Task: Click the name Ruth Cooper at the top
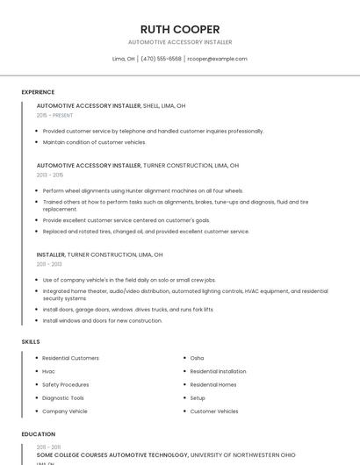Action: pos(180,29)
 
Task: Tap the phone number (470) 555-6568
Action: pos(161,59)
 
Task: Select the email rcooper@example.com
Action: pos(217,59)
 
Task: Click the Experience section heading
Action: pos(38,92)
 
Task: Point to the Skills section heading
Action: pos(31,341)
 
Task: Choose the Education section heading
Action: pos(38,434)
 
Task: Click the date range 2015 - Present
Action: pos(54,115)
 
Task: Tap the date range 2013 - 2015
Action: pos(50,175)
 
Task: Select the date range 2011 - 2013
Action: pos(49,264)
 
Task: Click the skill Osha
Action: pos(197,358)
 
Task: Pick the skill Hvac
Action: pos(49,371)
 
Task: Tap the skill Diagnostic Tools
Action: pos(63,397)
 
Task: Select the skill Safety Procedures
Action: pos(66,384)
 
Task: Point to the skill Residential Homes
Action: pos(213,384)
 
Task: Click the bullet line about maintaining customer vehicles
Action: pos(94,142)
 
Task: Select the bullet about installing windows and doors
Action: pos(103,320)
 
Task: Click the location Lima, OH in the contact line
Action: pos(124,59)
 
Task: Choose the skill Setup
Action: pos(198,397)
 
